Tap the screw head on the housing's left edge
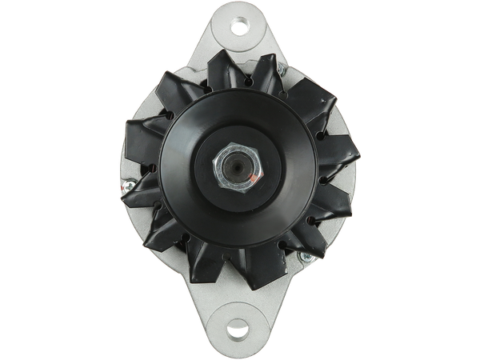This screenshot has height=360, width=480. click(126, 188)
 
